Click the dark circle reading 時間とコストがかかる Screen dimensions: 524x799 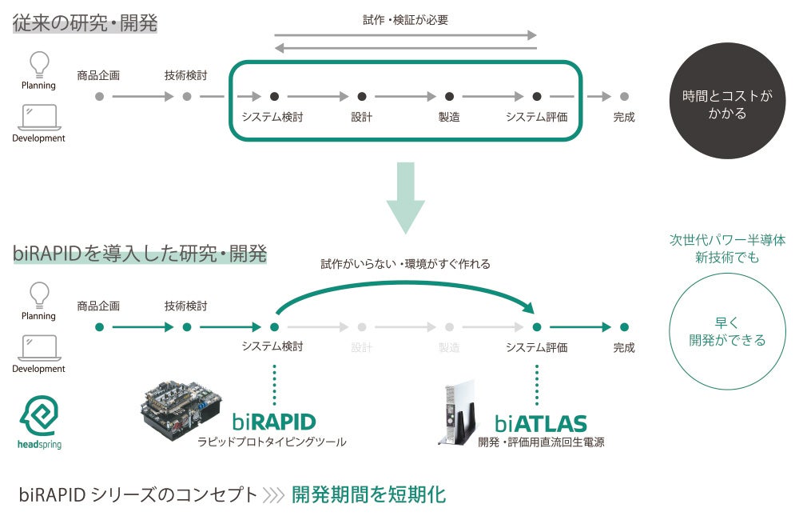point(727,102)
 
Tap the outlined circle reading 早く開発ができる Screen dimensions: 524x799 point(727,331)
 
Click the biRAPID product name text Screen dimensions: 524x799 point(274,422)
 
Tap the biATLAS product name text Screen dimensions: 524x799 point(540,423)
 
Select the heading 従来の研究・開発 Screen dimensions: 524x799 point(85,22)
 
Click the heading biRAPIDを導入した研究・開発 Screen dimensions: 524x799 point(140,254)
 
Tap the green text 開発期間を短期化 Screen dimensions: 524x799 point(368,494)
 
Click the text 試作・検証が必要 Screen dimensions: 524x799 point(405,20)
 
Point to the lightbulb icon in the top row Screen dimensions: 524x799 point(38,63)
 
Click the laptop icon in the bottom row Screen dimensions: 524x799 point(38,347)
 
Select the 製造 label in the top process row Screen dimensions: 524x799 point(449,117)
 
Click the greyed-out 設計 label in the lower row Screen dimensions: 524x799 point(362,347)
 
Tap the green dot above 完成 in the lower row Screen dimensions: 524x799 point(624,327)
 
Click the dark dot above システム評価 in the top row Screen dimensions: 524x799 point(537,96)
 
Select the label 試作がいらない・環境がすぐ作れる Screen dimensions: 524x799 point(405,263)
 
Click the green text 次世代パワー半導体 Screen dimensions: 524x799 point(727,240)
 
